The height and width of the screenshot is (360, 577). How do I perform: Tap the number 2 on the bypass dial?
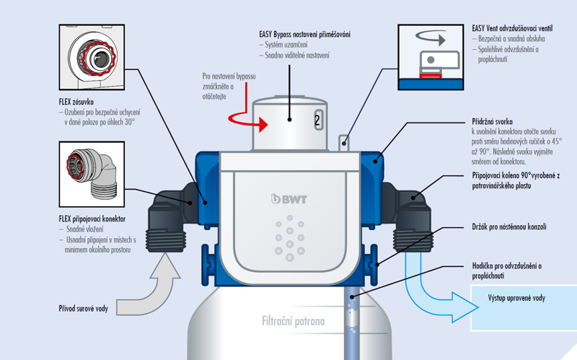click(317, 120)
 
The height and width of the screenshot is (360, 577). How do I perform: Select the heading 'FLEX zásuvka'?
click(79, 102)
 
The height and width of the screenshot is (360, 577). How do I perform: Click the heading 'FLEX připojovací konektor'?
click(92, 218)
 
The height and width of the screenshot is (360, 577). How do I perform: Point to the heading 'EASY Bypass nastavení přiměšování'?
click(304, 34)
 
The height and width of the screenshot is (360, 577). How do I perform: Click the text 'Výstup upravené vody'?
click(517, 298)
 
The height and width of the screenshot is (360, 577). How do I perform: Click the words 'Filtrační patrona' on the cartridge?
click(294, 321)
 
